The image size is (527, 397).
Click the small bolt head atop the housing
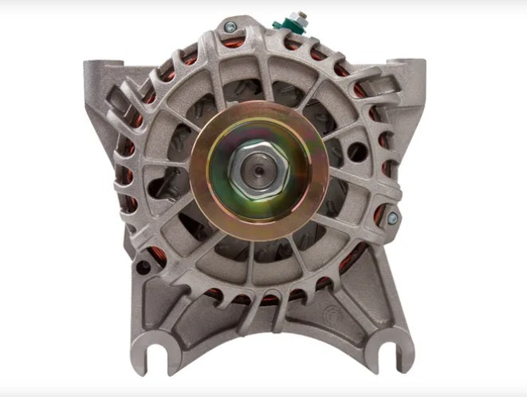pos(230,28)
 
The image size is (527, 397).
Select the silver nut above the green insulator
pos(302,16)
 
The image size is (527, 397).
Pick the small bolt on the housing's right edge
pos(391,217)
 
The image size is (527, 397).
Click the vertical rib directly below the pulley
pos(259,264)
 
